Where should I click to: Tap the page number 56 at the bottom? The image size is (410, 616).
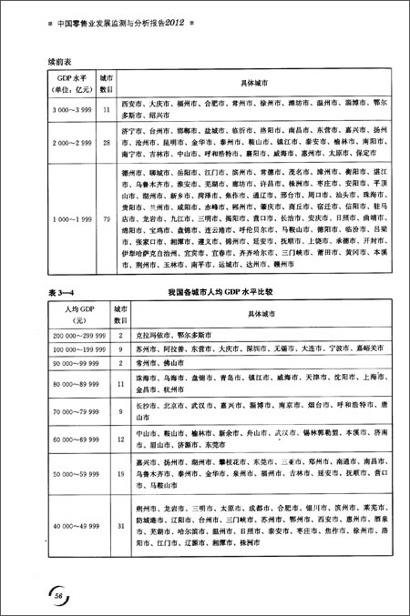(57, 592)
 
